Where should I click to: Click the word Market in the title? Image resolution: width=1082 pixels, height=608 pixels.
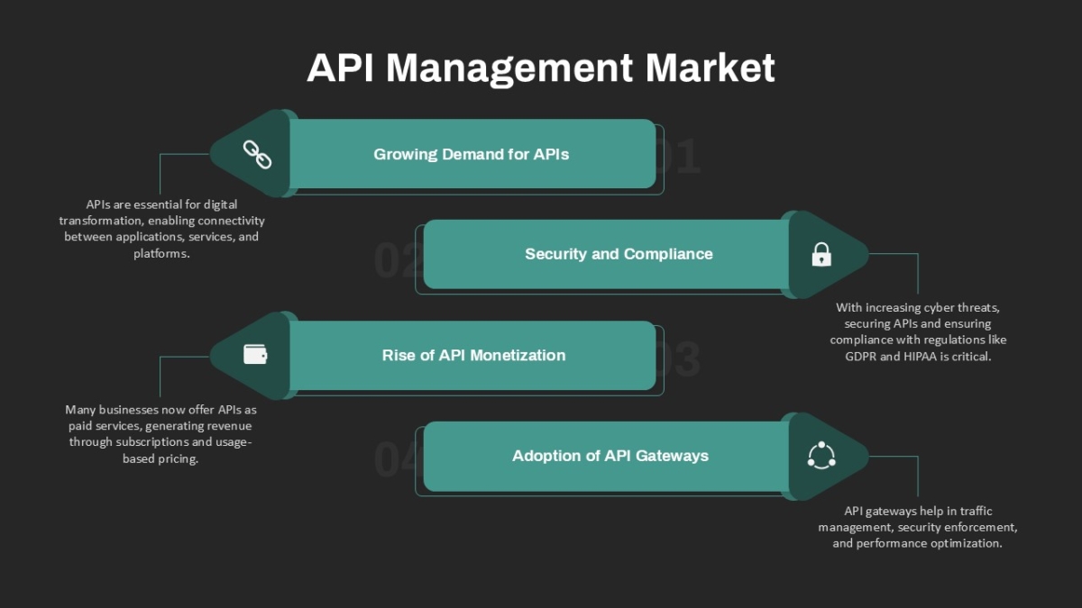click(711, 68)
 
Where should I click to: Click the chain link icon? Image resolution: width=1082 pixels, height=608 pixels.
click(257, 154)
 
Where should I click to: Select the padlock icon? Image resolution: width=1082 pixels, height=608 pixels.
click(821, 254)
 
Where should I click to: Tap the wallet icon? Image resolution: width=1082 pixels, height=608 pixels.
click(255, 355)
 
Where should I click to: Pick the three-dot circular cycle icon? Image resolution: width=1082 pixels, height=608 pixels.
click(821, 455)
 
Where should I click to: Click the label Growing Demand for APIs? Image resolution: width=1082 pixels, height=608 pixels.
click(471, 154)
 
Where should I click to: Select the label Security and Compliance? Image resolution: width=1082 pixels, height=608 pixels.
click(619, 254)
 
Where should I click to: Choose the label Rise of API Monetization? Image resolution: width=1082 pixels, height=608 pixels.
click(473, 356)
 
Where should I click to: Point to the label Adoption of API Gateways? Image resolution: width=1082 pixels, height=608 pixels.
click(610, 456)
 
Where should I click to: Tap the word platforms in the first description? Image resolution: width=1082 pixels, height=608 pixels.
click(161, 254)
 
